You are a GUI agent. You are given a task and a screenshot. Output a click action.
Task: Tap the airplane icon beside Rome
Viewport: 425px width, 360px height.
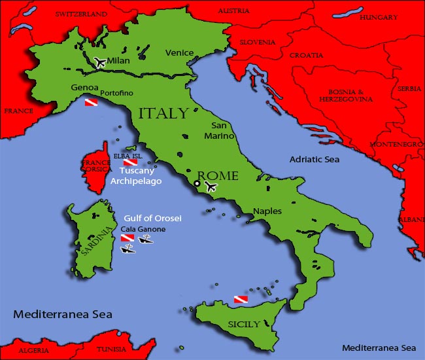tap(210, 187)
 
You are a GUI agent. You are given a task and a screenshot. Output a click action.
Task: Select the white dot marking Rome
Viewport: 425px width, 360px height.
tap(197, 184)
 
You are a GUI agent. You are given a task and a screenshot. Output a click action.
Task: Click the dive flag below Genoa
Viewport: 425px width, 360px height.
tap(92, 103)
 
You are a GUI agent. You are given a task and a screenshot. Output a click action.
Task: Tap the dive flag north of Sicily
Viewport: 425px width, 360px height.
tap(241, 299)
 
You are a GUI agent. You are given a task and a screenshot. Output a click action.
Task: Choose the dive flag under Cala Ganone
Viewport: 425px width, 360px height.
tap(127, 238)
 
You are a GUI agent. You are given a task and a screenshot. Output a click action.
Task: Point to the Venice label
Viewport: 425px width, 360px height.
tap(179, 53)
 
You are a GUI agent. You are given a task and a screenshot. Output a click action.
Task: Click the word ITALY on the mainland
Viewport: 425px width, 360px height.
tap(163, 113)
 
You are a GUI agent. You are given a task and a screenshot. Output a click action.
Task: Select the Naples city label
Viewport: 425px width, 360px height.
tap(267, 212)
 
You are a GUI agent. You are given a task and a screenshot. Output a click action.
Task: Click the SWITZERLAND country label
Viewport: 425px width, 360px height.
tap(81, 14)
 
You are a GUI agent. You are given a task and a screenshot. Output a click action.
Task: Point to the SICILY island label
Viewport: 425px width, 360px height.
tap(244, 324)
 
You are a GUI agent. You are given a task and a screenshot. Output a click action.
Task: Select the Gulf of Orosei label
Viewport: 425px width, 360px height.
tap(152, 218)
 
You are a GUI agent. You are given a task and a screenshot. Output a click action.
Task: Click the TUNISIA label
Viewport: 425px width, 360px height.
tap(111, 350)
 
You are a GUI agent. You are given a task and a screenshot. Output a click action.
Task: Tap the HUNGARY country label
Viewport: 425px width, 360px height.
tap(379, 18)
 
